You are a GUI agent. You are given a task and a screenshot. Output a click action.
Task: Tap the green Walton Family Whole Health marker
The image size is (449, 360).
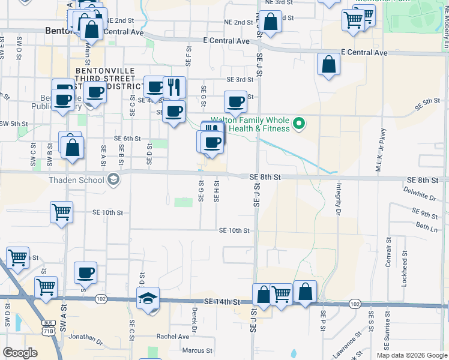pos(298,125)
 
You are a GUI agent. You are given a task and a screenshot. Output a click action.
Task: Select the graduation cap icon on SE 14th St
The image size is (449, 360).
pos(148,299)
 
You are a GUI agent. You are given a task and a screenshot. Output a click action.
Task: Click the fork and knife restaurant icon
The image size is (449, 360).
pos(174,86)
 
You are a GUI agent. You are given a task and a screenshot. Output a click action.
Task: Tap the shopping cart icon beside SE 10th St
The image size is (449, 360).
pos(61,212)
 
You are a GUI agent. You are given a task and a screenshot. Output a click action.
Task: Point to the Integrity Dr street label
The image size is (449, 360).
pos(338,199)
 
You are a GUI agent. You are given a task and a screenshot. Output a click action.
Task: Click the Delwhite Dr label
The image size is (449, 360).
pos(420,196)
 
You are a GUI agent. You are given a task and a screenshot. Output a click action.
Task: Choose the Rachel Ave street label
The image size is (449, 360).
pos(172,337)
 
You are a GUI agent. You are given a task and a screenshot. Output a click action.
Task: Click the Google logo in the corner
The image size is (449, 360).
pos(20,353)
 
